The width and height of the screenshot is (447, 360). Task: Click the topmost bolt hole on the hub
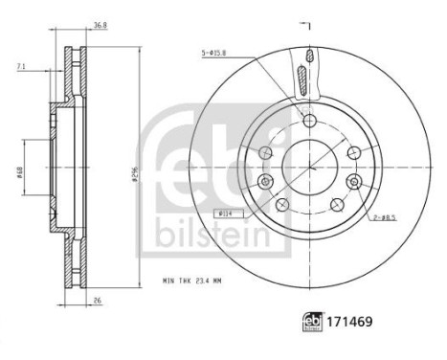click(308, 121)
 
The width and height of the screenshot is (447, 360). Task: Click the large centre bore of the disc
click(308, 164)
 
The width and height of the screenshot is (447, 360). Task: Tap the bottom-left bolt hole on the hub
click(282, 204)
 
